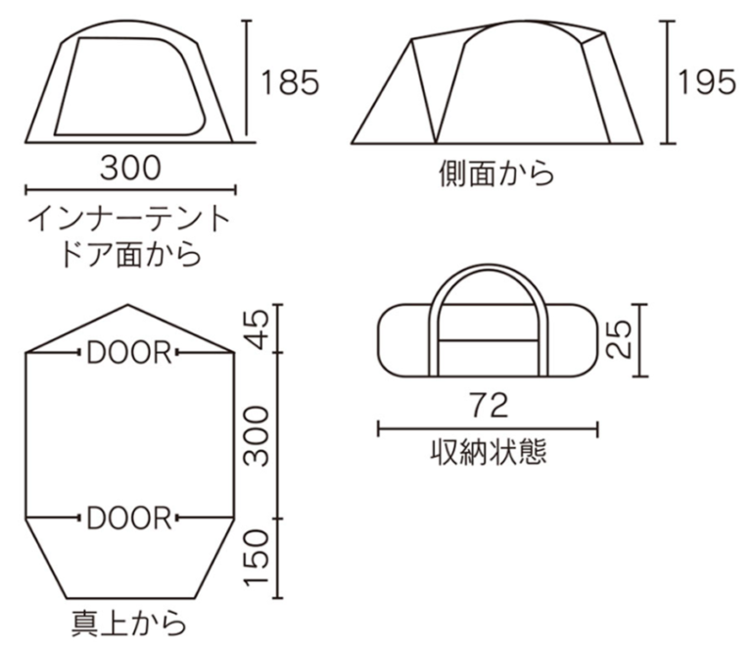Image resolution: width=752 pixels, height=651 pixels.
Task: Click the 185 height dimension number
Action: point(291,83)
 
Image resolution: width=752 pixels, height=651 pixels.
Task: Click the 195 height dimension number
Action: point(705,83)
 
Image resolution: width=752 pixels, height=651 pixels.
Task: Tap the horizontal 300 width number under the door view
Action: point(129,168)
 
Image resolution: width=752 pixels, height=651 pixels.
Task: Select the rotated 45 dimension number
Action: point(257,328)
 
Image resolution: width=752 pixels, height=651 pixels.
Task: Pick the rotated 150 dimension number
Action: point(257,558)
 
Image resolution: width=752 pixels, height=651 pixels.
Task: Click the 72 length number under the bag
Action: point(488,404)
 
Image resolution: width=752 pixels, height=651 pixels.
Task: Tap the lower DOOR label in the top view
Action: point(129,517)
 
